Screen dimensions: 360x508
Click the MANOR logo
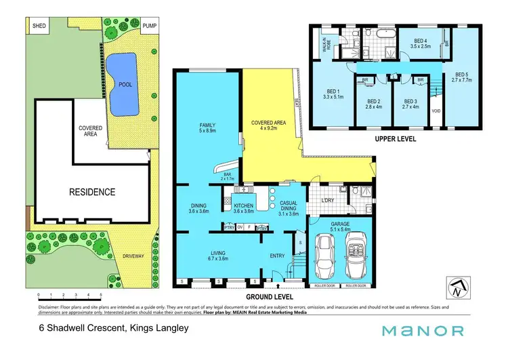click(x=423, y=331)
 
